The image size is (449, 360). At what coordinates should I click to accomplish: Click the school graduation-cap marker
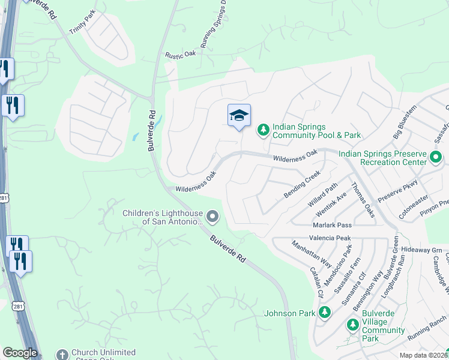point(239,115)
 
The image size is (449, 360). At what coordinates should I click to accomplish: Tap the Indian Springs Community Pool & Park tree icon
point(263,129)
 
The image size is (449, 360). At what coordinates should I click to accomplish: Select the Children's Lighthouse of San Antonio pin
point(212,215)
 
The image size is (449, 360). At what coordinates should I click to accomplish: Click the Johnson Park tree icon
point(325,312)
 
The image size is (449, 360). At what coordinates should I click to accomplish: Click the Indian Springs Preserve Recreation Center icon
point(436,158)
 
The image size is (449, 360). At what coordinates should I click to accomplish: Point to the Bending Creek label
point(301,185)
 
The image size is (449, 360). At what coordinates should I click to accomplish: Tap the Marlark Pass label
point(332,225)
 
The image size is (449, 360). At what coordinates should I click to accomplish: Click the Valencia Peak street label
point(331,238)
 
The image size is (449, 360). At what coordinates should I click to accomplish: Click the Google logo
point(19,353)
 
